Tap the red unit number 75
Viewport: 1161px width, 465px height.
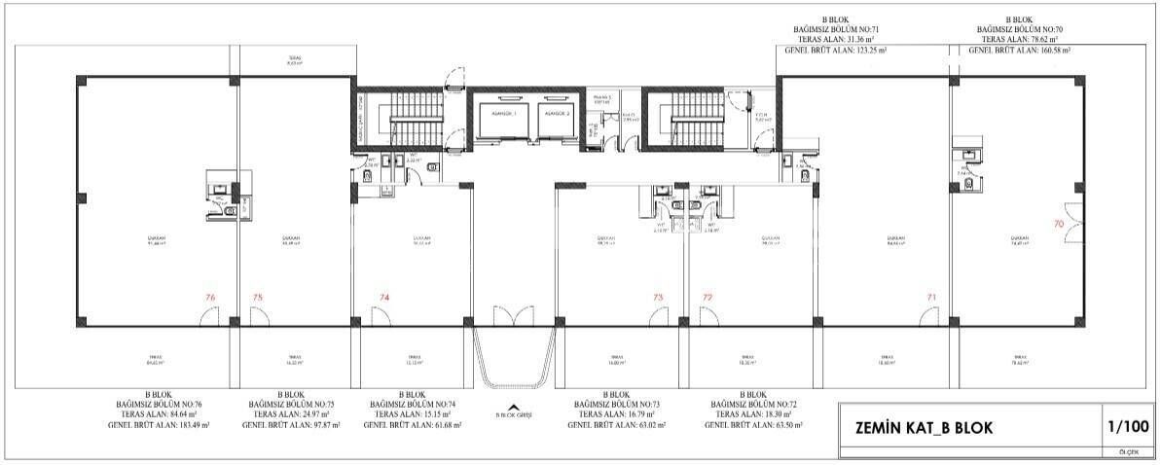(x=257, y=297)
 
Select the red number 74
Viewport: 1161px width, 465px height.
(x=384, y=297)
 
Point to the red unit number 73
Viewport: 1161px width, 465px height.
(x=658, y=297)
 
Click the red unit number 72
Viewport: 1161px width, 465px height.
(x=707, y=297)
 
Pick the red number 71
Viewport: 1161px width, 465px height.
(x=931, y=297)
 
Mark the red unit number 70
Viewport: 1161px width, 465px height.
(x=1059, y=223)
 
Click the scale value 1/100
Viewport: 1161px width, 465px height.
(x=1127, y=426)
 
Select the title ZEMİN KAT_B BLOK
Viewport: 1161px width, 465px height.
(x=925, y=427)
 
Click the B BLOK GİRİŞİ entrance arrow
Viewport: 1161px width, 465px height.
(x=514, y=408)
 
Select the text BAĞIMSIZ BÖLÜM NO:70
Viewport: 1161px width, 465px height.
(x=1020, y=30)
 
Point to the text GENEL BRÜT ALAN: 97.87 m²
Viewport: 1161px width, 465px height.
(x=290, y=425)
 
